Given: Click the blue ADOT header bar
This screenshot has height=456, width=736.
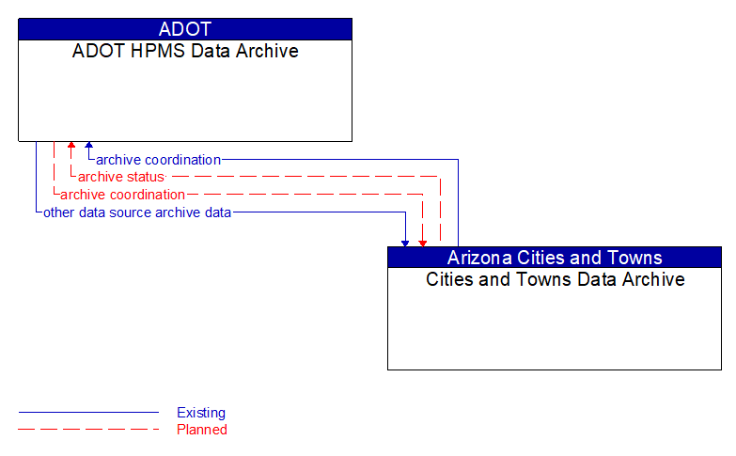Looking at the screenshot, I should click(185, 29).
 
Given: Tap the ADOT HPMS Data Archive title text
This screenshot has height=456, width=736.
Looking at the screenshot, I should click(185, 51).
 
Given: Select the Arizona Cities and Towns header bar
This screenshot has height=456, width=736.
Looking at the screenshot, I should click(555, 258).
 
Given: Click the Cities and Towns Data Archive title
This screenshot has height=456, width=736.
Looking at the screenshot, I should click(555, 279).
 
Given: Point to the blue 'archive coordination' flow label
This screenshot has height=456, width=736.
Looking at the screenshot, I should click(158, 160).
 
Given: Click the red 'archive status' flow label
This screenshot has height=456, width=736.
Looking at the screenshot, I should click(121, 177).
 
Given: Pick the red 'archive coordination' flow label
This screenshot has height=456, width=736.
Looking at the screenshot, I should click(122, 195).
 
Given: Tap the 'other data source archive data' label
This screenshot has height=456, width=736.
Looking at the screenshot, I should click(137, 212).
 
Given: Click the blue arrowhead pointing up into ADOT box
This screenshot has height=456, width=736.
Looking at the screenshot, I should click(88, 146).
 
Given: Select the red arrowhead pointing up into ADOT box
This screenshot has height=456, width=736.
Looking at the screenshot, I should click(71, 146).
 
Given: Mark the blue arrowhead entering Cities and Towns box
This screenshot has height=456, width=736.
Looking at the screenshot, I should click(405, 243).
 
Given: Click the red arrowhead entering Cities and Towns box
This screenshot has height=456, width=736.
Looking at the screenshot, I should click(423, 243).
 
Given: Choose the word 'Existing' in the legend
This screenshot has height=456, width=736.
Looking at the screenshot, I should click(201, 413).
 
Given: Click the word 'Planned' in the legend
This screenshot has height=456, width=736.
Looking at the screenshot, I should click(202, 430).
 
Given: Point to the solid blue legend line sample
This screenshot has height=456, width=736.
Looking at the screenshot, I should click(88, 413).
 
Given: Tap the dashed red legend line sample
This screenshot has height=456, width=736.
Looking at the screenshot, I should click(88, 430).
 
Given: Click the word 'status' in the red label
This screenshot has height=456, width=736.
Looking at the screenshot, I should click(145, 177).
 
